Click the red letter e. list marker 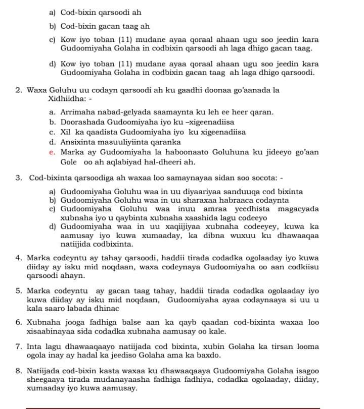(52, 152)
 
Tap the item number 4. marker (19, 257)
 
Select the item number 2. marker (19, 90)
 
